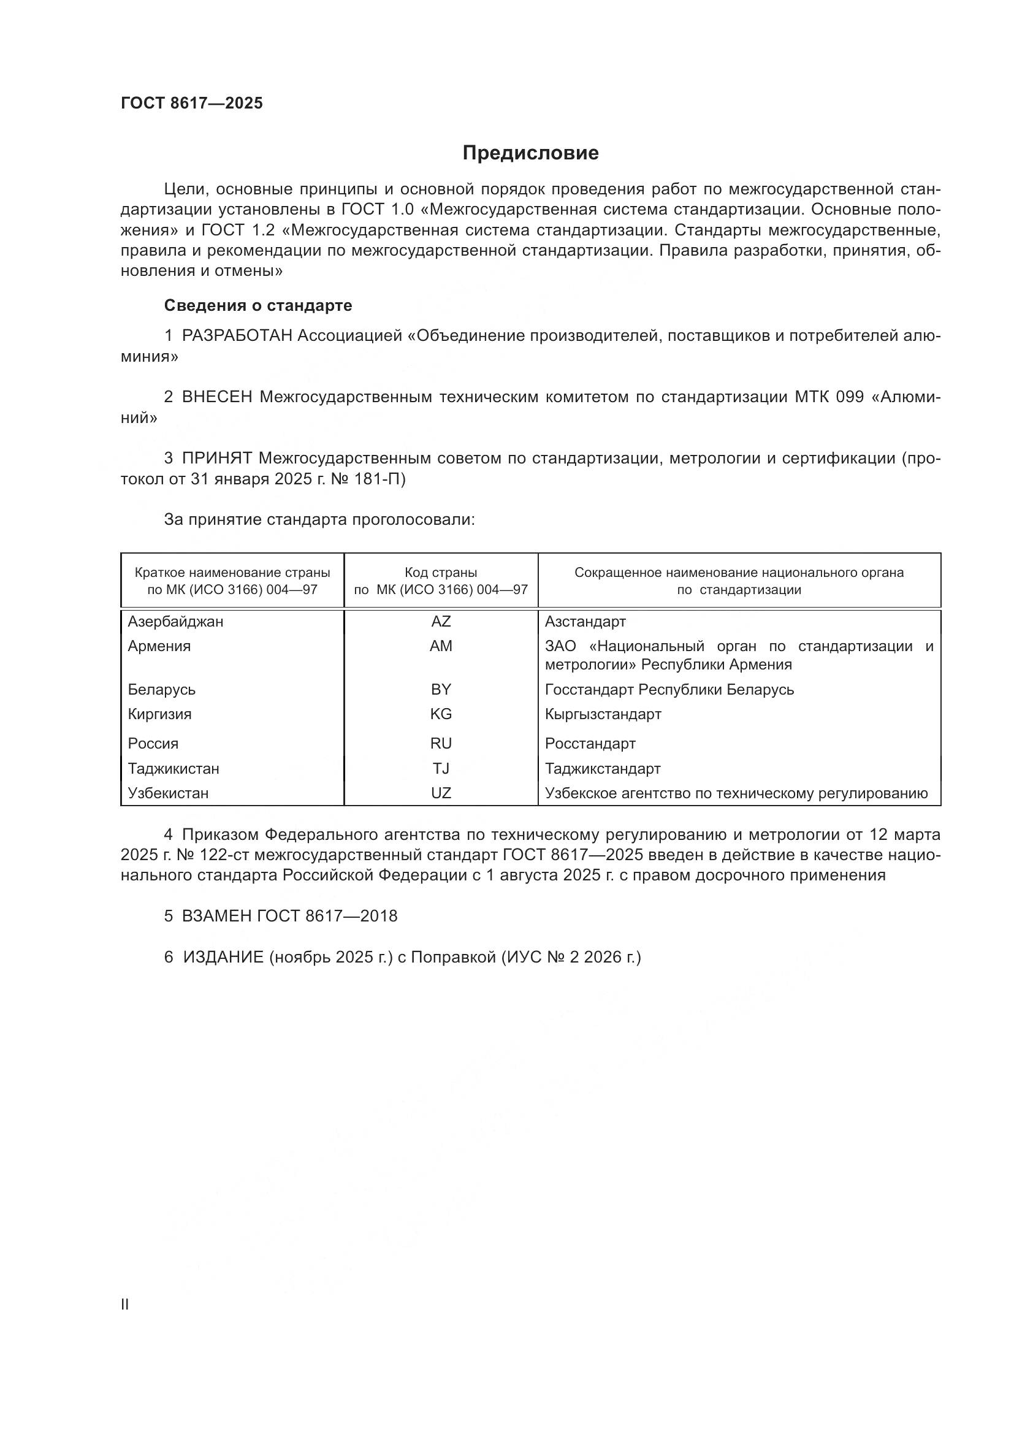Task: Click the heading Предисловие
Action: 530,153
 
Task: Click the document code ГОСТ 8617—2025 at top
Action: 192,103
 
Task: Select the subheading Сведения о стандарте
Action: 258,305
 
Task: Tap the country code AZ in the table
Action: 441,622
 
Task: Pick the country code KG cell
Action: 441,714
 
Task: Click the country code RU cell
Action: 441,743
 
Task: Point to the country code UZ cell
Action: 441,793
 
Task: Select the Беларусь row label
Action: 162,690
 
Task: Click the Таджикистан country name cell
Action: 173,768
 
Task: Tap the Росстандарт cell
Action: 590,743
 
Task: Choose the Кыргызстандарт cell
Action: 603,714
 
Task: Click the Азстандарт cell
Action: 585,622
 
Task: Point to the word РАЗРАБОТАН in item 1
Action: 237,336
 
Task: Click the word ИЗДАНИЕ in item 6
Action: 223,958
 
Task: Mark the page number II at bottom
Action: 125,1305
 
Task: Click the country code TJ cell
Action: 441,768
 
